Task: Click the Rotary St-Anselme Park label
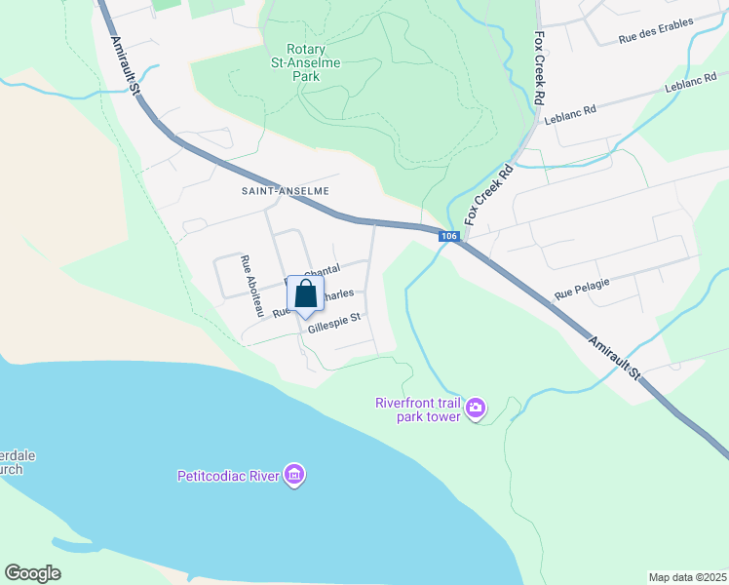(x=320, y=61)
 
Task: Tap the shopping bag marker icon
(x=305, y=294)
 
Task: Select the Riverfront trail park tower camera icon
(x=476, y=408)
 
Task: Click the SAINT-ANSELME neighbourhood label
(x=285, y=191)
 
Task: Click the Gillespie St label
(x=334, y=322)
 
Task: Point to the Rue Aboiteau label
(x=252, y=286)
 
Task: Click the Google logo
(x=32, y=573)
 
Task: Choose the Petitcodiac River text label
(x=228, y=477)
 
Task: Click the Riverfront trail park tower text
(x=419, y=409)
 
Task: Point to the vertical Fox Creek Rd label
(x=539, y=67)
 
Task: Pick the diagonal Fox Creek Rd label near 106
(x=489, y=195)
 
